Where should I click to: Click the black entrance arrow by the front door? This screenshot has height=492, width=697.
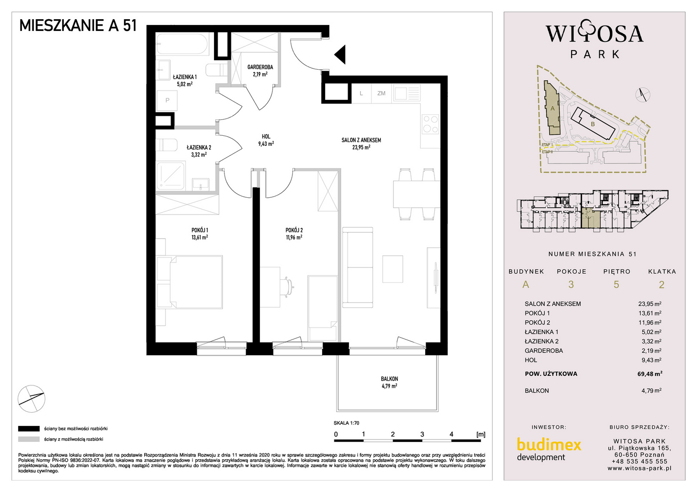(341, 55)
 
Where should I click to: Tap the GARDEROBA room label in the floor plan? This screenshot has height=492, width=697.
(260, 67)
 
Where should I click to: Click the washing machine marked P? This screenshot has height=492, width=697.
(167, 100)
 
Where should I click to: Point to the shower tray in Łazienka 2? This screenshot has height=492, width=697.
(171, 176)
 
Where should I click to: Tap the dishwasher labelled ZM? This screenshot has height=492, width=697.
(381, 93)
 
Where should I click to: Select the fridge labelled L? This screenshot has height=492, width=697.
(361, 93)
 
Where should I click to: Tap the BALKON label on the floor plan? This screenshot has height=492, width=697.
(389, 379)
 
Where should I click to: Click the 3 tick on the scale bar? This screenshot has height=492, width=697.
(422, 434)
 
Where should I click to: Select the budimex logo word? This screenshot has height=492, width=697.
(549, 445)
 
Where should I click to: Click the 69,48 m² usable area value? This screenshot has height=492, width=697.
(650, 374)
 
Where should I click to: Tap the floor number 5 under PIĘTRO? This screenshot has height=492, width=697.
(616, 284)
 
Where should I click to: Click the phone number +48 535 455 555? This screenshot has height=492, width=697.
(639, 461)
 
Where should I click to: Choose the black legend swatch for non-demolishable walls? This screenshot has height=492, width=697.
(29, 429)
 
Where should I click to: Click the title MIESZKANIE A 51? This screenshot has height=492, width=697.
(78, 26)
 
